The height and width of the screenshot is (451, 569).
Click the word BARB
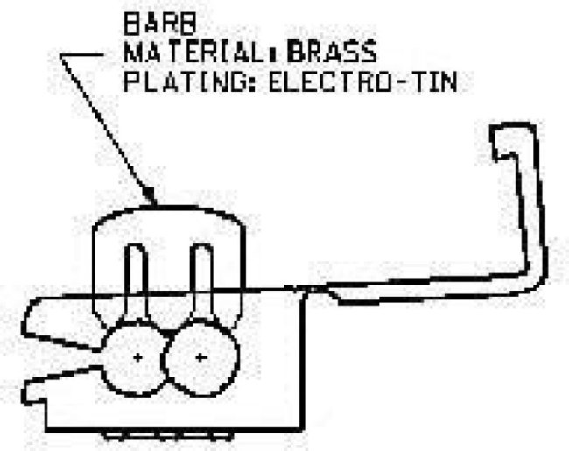pyautogui.click(x=159, y=25)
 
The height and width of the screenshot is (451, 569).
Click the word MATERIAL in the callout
pyautogui.click(x=197, y=51)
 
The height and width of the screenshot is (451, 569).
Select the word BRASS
pyautogui.click(x=332, y=51)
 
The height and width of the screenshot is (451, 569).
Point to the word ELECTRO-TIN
pyautogui.click(x=362, y=81)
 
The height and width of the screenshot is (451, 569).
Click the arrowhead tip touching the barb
pyautogui.click(x=155, y=204)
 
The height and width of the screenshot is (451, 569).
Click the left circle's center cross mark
pyautogui.click(x=137, y=357)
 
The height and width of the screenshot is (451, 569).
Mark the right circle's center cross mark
pyautogui.click(x=200, y=357)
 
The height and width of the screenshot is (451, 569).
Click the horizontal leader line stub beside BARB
pyautogui.click(x=82, y=55)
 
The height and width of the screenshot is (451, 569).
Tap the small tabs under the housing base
pyautogui.click(x=168, y=436)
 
